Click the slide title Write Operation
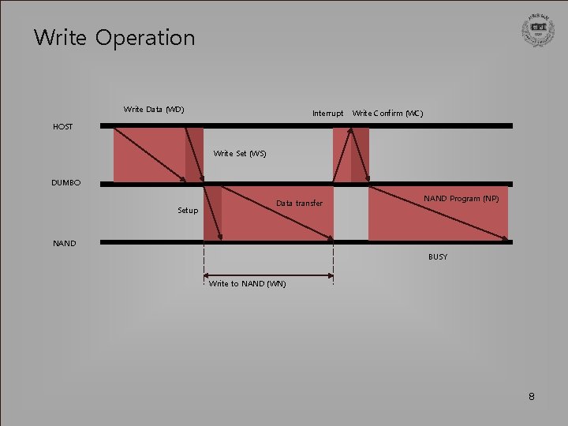coord(114,37)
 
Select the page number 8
coord(531,397)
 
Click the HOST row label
coord(63,126)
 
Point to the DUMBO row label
coord(65,183)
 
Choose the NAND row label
coord(65,243)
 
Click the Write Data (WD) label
coord(154,109)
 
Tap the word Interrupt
coord(327,114)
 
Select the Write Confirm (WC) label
coord(387,114)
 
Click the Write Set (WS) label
coord(240,153)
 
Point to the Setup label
coord(188,211)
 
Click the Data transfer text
coord(299,204)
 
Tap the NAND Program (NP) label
coord(461,198)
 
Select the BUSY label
coord(438,256)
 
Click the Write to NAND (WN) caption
coord(247,284)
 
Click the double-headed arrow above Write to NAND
coord(268,275)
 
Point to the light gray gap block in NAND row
coord(350,213)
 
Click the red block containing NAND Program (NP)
coord(438,221)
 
